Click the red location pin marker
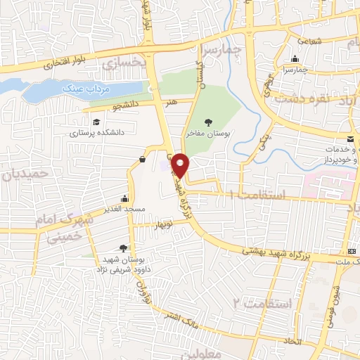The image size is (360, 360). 182,165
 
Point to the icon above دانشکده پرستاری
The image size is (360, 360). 96,122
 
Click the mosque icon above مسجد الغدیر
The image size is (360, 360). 125,199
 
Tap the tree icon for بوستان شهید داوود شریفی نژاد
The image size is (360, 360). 124,247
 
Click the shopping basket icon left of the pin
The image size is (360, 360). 143,160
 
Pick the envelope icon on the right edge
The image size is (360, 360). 351,138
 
